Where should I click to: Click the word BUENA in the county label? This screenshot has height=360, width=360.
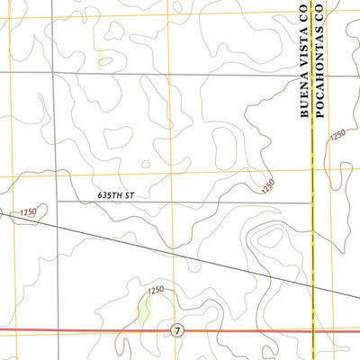[x=305, y=101]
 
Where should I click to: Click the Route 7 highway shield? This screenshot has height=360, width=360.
[x=177, y=331]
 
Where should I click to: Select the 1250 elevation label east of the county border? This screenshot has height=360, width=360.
[x=337, y=135]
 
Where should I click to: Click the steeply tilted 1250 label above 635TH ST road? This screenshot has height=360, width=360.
[x=267, y=186]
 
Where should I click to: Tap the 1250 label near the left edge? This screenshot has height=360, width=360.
[x=26, y=211]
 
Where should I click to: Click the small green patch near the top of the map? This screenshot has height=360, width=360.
[x=102, y=60]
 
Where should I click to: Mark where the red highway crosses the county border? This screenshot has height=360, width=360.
[x=312, y=330]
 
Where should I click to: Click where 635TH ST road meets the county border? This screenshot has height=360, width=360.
[x=312, y=202]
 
